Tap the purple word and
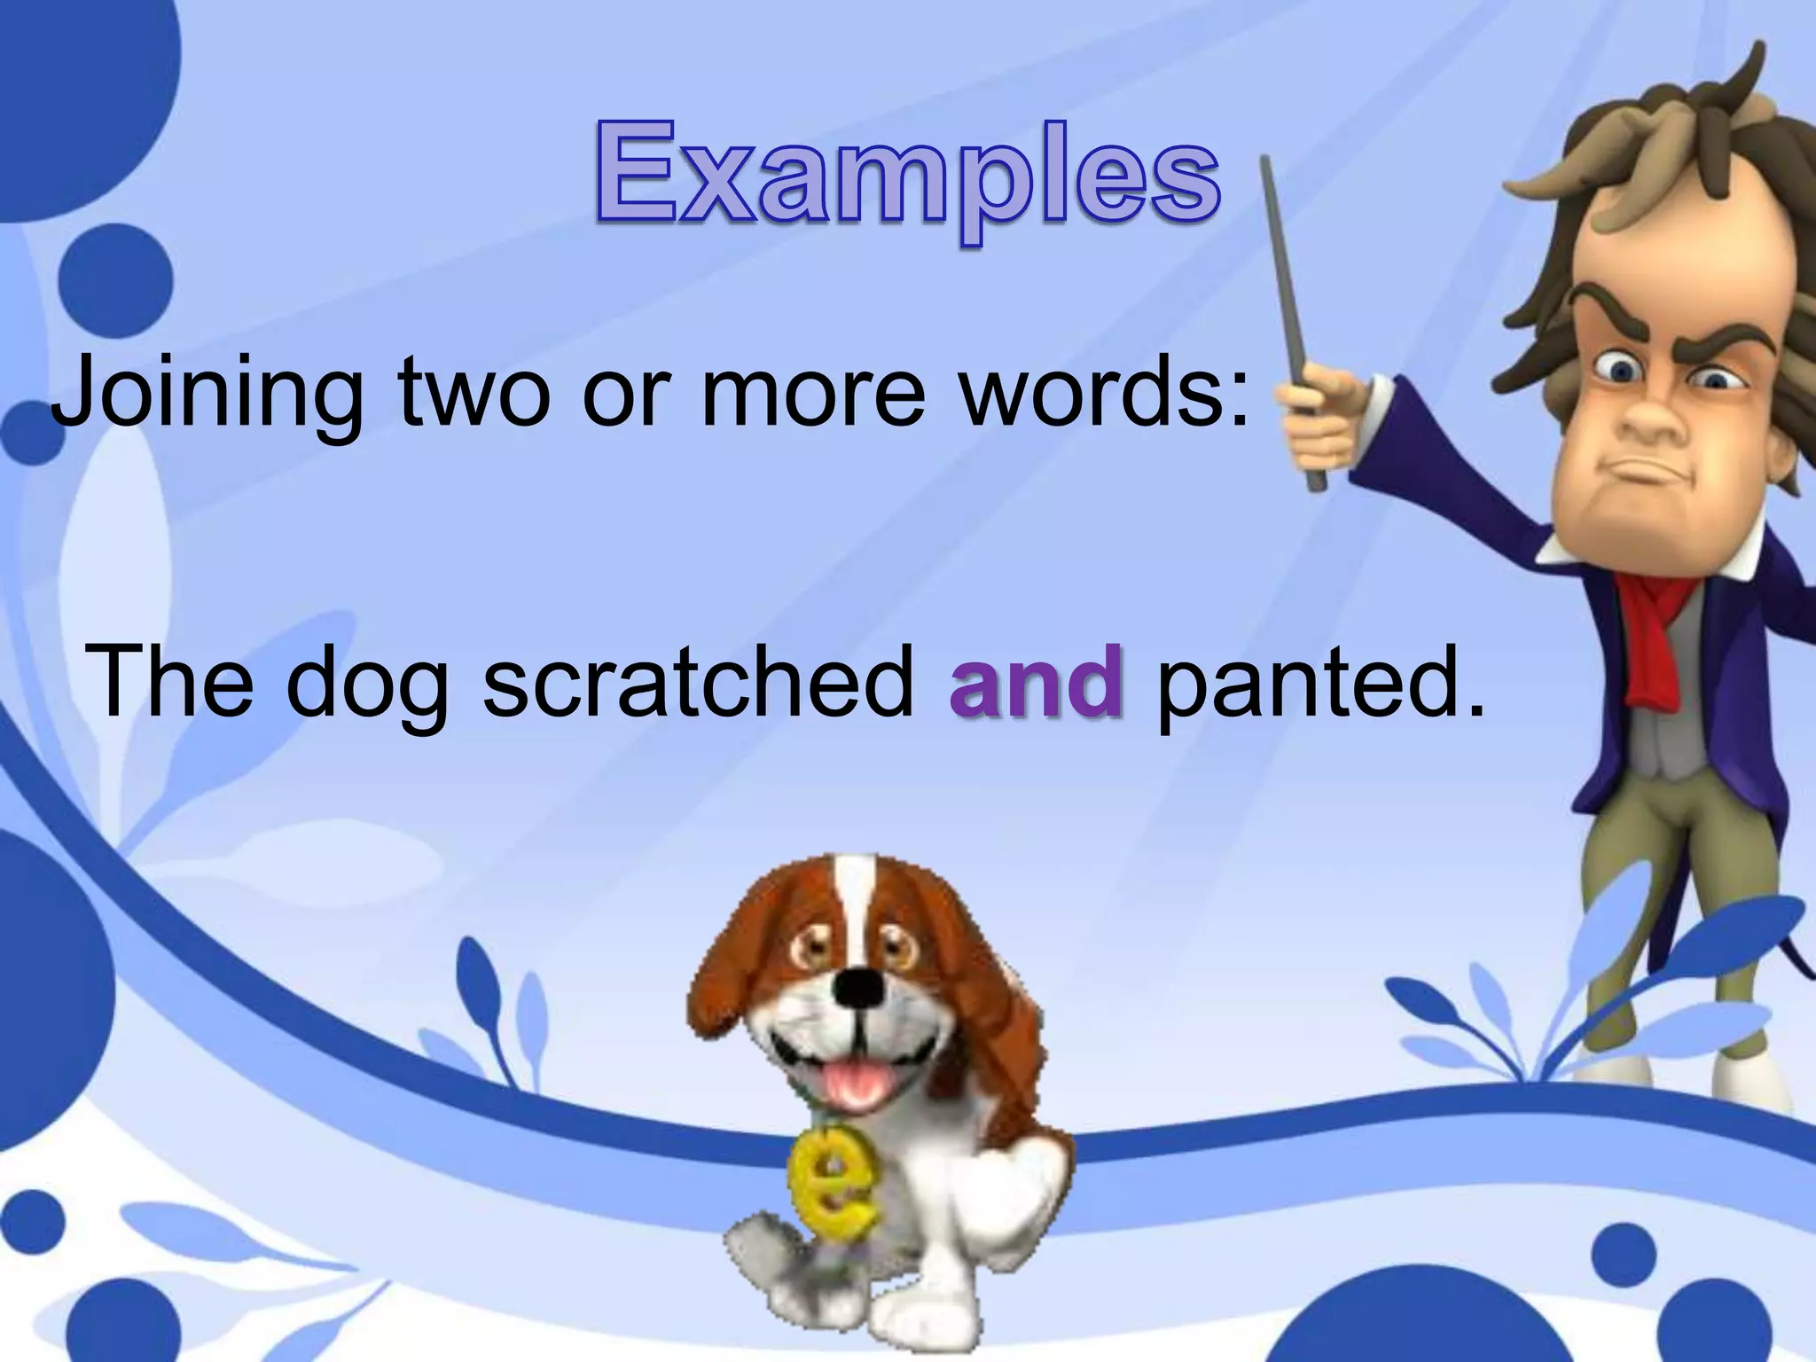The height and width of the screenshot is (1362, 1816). pyautogui.click(x=1036, y=682)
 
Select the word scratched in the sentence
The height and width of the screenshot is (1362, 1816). pyautogui.click(x=698, y=682)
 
